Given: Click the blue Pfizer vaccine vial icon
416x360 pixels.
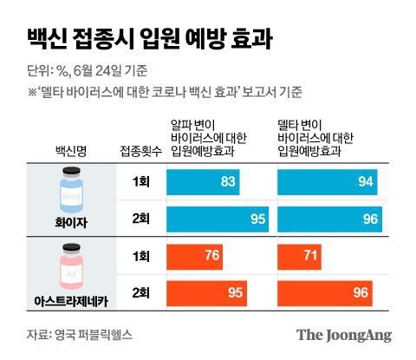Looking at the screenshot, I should [x=71, y=192].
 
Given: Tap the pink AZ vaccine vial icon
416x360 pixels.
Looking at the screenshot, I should [x=71, y=266].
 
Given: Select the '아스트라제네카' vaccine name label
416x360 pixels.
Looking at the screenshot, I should [x=71, y=299].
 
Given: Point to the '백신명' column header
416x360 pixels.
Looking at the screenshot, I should [x=71, y=150].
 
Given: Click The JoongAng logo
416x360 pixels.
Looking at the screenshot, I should [x=343, y=335].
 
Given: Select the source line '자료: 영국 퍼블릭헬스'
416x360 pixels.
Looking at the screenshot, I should [x=80, y=334].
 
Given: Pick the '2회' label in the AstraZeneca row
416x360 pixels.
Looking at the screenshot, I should [x=137, y=294].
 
